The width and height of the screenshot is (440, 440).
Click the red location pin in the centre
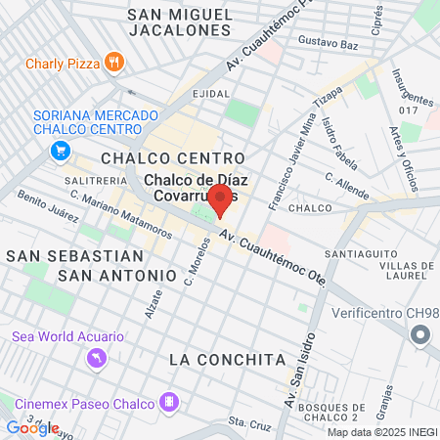[219, 200]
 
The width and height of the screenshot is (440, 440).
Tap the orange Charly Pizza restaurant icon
[114, 61]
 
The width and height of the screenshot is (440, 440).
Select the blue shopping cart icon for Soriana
[61, 150]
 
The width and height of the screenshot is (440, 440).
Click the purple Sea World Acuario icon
[95, 359]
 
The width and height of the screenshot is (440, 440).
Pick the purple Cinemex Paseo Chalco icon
[170, 401]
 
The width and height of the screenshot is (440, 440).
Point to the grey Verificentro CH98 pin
[420, 335]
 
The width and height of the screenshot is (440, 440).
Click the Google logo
[32, 427]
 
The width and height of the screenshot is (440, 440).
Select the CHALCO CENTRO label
[172, 157]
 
